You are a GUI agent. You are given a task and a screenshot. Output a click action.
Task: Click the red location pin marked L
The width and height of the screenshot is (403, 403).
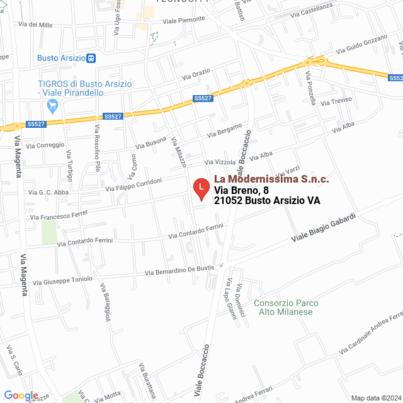tap(200, 188)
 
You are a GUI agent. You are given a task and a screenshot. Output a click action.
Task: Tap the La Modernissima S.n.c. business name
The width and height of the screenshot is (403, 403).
tap(271, 179)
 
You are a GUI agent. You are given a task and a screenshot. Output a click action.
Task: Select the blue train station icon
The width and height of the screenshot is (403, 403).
tap(91, 58)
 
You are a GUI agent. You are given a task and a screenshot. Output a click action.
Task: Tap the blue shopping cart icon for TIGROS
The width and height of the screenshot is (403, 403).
tap(53, 106)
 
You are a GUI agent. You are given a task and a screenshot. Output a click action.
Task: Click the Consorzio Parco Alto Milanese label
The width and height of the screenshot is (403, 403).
tap(287, 307)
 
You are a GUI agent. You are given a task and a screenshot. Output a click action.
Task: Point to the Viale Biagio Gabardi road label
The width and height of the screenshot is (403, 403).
tap(323, 229)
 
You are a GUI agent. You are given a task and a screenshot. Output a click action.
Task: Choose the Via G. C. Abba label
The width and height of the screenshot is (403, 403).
tap(48, 192)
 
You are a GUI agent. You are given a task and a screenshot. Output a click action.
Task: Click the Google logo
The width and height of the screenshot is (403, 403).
tap(21, 395)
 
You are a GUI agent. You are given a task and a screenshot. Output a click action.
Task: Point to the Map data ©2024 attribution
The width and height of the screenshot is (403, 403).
tap(375, 397)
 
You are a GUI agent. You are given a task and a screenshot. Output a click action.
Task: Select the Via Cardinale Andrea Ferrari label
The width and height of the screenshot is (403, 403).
tap(372, 331)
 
